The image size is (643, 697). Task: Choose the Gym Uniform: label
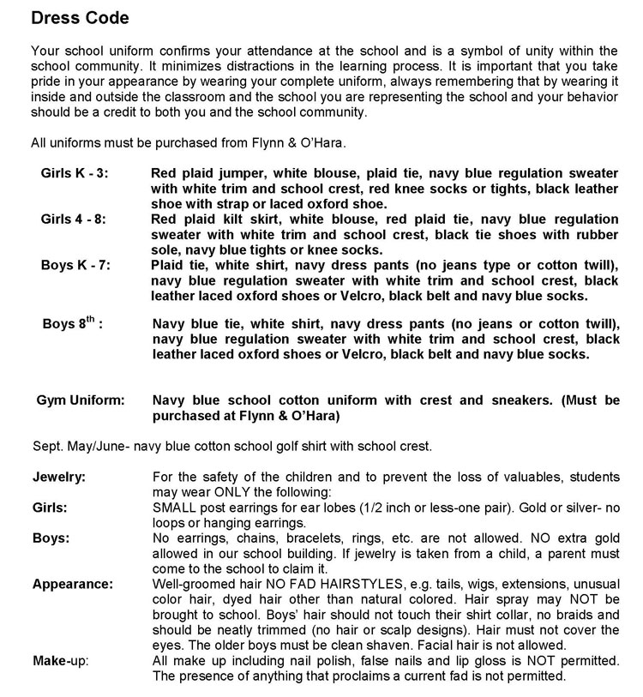(x=81, y=400)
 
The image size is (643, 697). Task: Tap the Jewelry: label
(x=59, y=476)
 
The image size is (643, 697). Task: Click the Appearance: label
(x=73, y=584)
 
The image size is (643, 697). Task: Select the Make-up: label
(x=62, y=660)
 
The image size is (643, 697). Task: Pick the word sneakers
(x=500, y=400)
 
